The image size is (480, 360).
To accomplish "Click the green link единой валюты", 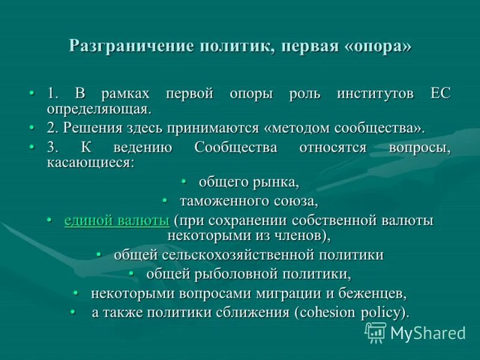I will [x=116, y=220].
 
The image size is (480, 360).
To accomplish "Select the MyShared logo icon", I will [x=376, y=332].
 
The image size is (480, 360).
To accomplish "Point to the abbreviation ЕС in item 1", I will [x=440, y=94].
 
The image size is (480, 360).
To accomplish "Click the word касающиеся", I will [x=90, y=163].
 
